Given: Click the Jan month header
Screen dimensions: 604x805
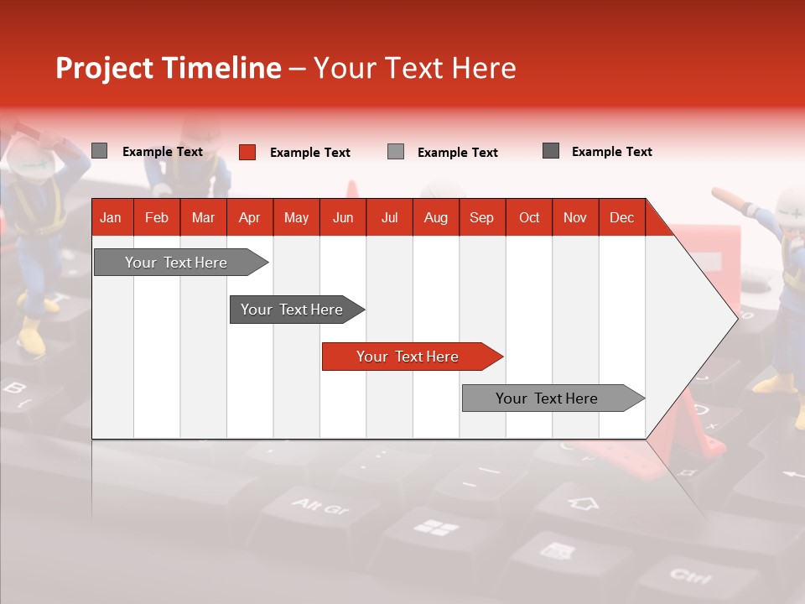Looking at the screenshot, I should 111,218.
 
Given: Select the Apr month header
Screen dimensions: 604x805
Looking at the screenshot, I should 249,218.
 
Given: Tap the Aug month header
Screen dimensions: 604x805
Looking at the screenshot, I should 435,218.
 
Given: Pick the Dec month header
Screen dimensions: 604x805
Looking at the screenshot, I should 621,218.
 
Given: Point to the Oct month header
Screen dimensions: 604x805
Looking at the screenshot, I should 529,218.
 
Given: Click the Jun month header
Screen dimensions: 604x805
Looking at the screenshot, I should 343,218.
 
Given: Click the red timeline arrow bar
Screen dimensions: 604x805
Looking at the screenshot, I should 408,357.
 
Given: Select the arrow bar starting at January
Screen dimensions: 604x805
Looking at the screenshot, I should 176,263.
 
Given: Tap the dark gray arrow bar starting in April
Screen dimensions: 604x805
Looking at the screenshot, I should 292,310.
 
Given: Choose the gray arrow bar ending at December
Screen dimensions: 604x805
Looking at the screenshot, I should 547,398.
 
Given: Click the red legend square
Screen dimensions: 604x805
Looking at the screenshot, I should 247,152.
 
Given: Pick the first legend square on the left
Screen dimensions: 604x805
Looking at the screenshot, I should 100,151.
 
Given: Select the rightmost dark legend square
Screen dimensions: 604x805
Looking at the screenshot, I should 551,151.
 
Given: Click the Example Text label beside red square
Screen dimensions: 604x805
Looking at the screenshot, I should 309,153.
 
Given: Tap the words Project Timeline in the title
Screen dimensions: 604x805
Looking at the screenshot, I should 168,68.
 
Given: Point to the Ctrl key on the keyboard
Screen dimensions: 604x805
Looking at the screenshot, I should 690,576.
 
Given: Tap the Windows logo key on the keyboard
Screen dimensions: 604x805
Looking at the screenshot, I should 437,528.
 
